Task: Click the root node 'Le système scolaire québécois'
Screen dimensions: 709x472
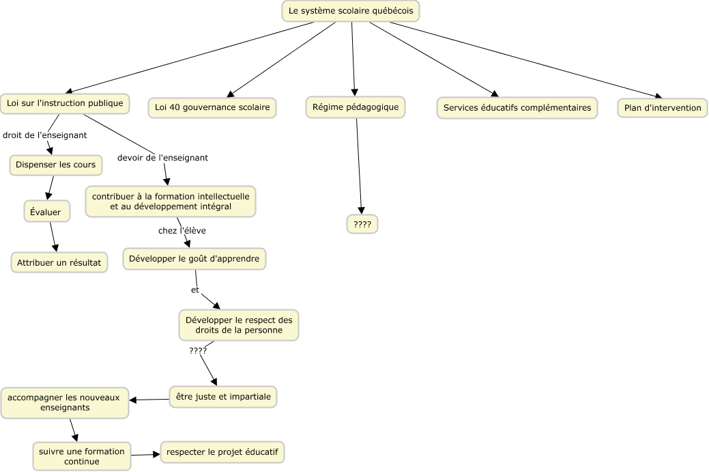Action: pyautogui.click(x=351, y=11)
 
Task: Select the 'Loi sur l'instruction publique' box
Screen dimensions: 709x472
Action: pyautogui.click(x=65, y=104)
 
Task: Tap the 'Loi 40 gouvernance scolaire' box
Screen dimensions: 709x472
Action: pyautogui.click(x=212, y=108)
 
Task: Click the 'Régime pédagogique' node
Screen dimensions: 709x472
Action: pyautogui.click(x=356, y=107)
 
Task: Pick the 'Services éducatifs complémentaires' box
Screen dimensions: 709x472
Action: pyautogui.click(x=517, y=108)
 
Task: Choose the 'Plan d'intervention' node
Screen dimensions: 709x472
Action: pyautogui.click(x=663, y=108)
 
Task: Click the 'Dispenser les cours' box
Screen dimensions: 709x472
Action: pyautogui.click(x=56, y=165)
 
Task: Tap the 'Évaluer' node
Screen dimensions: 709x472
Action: pyautogui.click(x=46, y=211)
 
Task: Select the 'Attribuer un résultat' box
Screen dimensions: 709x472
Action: pyautogui.click(x=59, y=262)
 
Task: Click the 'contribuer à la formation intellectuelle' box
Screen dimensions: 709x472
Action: pyautogui.click(x=171, y=202)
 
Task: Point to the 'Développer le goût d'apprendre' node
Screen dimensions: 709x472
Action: pyautogui.click(x=194, y=259)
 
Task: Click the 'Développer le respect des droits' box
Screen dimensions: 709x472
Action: pyautogui.click(x=239, y=325)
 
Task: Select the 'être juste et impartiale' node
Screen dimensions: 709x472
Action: pyautogui.click(x=223, y=397)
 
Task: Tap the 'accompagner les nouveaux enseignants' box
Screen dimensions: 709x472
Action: pyautogui.click(x=65, y=403)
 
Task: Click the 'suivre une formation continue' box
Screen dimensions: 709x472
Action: pyautogui.click(x=82, y=456)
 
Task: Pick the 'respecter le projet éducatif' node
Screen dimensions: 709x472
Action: pyautogui.click(x=222, y=452)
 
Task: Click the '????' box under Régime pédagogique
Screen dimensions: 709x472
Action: pyautogui.click(x=362, y=224)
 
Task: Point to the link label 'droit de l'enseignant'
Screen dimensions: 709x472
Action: pyautogui.click(x=45, y=135)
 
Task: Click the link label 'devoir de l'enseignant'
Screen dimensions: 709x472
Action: pyautogui.click(x=163, y=158)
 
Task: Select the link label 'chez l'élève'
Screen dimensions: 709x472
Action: pyautogui.click(x=182, y=231)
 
